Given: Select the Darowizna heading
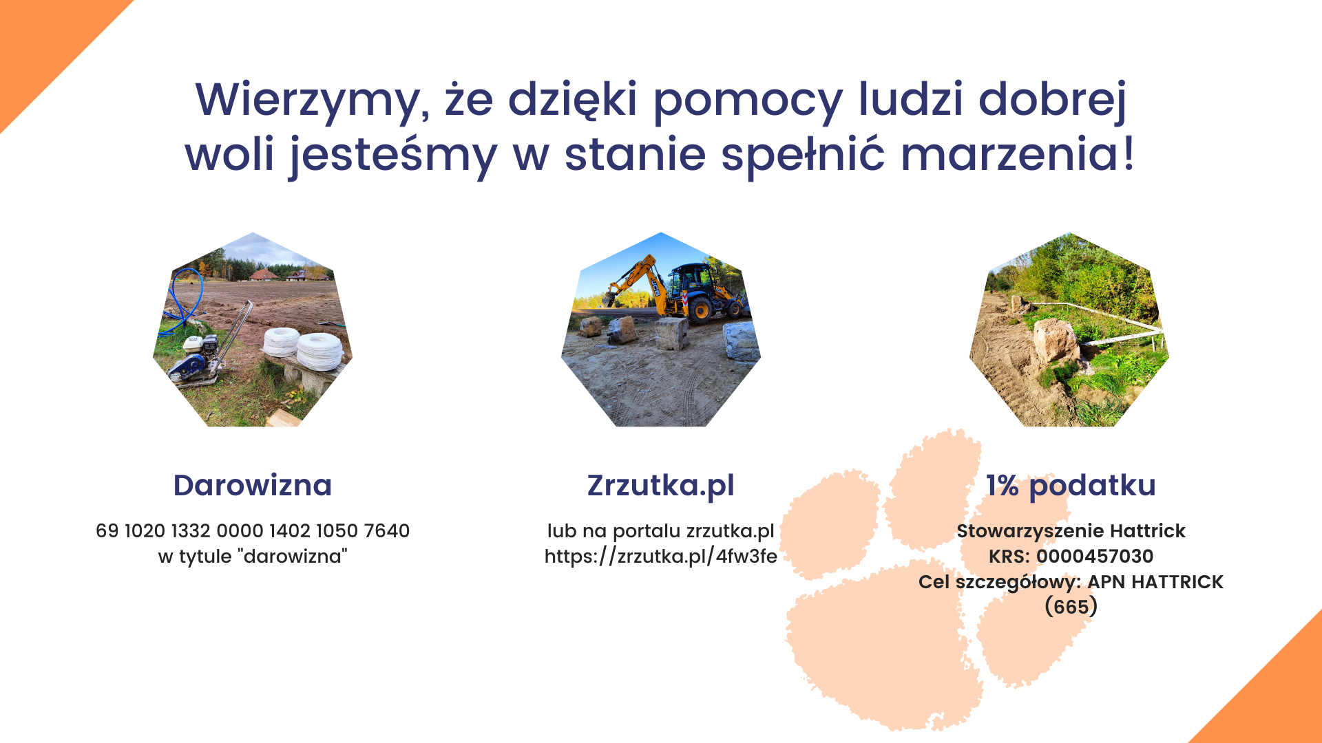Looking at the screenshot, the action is click(253, 485).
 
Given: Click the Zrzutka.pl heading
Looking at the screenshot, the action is click(661, 486).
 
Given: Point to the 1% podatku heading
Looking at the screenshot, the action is click(1071, 486).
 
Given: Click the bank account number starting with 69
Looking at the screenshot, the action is click(253, 531).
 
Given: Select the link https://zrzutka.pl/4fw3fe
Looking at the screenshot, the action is click(661, 557).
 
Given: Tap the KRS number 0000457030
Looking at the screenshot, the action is click(1095, 557).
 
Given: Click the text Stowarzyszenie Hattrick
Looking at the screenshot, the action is click(1071, 531).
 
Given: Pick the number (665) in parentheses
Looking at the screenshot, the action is click(1071, 607).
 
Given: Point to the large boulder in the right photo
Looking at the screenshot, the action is click(1055, 340).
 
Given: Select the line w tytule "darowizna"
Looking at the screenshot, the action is click(253, 557).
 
